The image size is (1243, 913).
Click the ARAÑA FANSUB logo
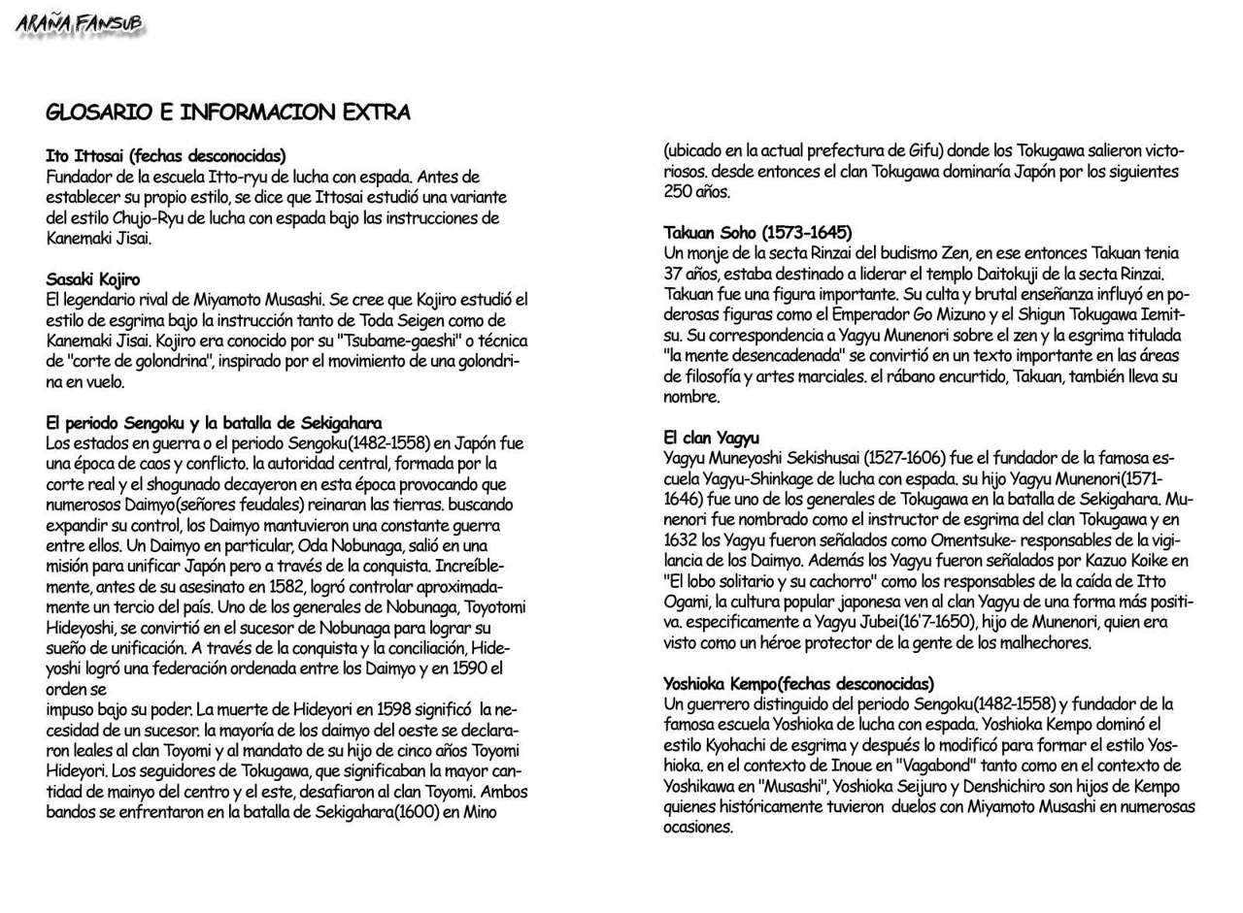79,25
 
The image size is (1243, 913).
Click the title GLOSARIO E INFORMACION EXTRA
227,113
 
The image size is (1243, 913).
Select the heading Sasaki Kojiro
93,279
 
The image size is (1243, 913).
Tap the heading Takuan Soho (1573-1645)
757,233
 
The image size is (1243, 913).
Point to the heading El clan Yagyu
711,438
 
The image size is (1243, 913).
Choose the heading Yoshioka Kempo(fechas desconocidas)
798,684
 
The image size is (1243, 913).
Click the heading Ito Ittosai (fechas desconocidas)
166,155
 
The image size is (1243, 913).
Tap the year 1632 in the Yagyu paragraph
682,540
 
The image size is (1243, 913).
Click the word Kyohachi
738,745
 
